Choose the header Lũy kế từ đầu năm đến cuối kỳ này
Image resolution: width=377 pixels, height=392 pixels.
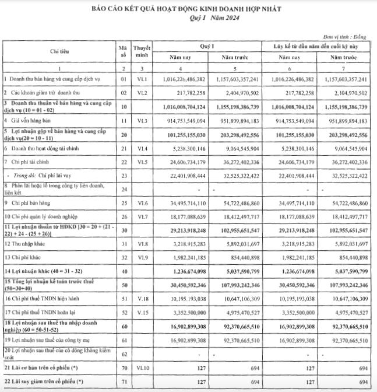click(316, 45)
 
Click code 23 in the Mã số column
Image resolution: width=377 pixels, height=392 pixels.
click(122, 175)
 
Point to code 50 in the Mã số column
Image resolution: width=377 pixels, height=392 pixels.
click(122, 284)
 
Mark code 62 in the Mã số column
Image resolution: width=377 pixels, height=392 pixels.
click(122, 354)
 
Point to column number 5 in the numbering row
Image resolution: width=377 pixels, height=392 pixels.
click(237, 69)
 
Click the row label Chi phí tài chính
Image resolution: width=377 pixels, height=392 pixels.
click(27, 161)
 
